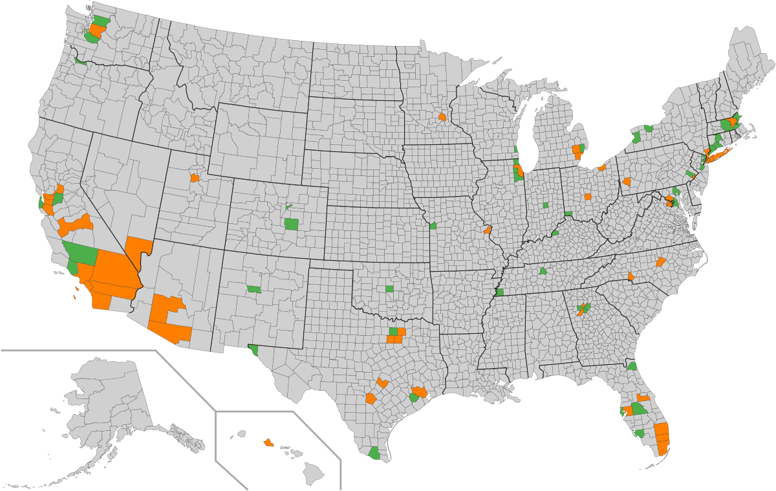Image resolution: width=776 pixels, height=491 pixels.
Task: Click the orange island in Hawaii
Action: [x=268, y=442]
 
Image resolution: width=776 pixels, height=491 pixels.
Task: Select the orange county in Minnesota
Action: [x=442, y=118]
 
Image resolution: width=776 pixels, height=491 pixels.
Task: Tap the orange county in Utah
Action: [x=194, y=178]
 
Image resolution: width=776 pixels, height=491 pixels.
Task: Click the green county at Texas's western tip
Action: [x=253, y=351]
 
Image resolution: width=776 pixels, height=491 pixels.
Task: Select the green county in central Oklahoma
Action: [x=389, y=289]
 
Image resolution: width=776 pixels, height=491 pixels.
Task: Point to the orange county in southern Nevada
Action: [x=138, y=249]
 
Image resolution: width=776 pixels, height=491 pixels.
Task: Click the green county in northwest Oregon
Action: [x=80, y=61]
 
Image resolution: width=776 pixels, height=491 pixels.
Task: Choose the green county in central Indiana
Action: [x=545, y=205]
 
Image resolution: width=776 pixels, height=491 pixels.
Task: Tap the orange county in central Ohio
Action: [x=588, y=196]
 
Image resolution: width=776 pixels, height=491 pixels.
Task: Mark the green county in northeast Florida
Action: [x=632, y=366]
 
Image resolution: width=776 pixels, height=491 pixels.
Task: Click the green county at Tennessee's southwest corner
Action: [x=499, y=292]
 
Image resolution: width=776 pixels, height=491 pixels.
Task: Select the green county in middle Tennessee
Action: [x=543, y=271]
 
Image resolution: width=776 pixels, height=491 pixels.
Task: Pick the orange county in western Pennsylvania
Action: [x=627, y=182]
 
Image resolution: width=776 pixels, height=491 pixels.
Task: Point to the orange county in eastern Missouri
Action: [x=487, y=230]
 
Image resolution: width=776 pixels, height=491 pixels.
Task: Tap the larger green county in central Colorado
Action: [x=292, y=224]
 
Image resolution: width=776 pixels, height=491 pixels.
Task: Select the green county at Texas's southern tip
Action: [x=374, y=453]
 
